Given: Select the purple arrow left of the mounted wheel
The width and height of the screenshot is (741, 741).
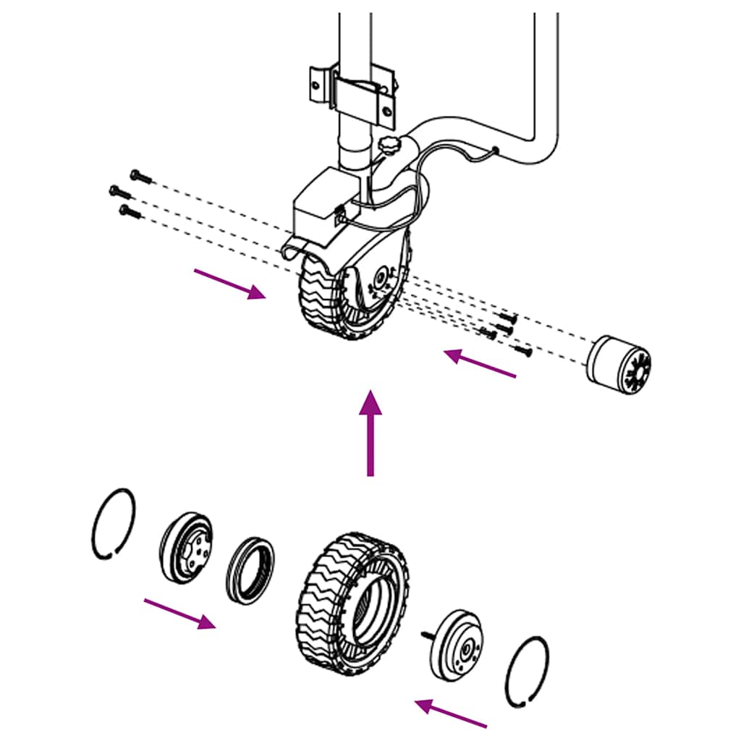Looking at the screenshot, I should pos(229,283).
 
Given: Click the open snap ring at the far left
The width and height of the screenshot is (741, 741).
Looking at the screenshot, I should pos(114,524).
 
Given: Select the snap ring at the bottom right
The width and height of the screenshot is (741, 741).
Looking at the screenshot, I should pos(527,672).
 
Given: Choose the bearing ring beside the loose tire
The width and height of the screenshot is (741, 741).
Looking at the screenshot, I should pos(250,570).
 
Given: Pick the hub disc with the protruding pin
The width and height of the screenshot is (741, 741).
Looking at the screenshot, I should pos(458,643).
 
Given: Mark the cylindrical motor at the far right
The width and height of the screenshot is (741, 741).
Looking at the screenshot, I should pos(619,366).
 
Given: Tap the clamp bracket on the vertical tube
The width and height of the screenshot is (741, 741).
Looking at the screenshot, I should pos(353,90).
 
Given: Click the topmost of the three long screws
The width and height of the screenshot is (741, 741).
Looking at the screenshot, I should pos(141,176).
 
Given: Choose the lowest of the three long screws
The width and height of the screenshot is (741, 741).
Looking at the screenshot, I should pos(131,211).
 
